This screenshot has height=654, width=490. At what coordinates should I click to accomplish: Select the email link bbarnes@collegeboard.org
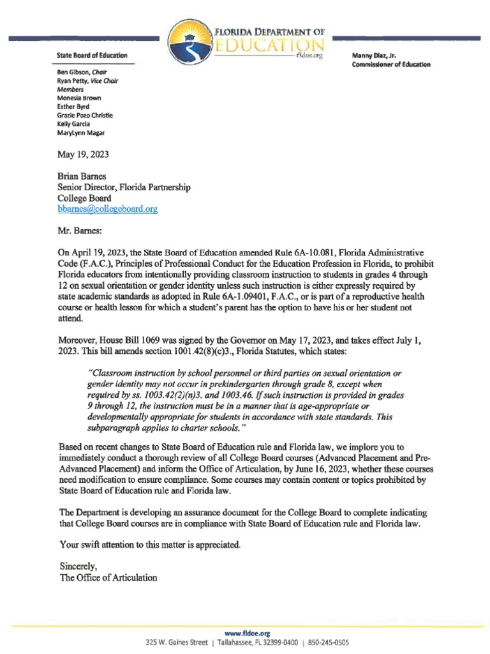click(x=108, y=209)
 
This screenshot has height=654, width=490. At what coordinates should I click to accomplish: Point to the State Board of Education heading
click(x=92, y=56)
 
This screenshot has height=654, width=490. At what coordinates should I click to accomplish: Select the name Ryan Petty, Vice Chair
click(x=87, y=82)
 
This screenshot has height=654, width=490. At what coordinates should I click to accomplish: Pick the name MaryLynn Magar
click(x=81, y=133)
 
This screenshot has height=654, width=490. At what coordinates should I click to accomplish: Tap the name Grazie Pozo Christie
click(x=85, y=115)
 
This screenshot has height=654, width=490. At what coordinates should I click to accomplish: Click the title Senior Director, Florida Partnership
click(x=124, y=188)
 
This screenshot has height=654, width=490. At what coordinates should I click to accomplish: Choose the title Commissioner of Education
click(x=391, y=65)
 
